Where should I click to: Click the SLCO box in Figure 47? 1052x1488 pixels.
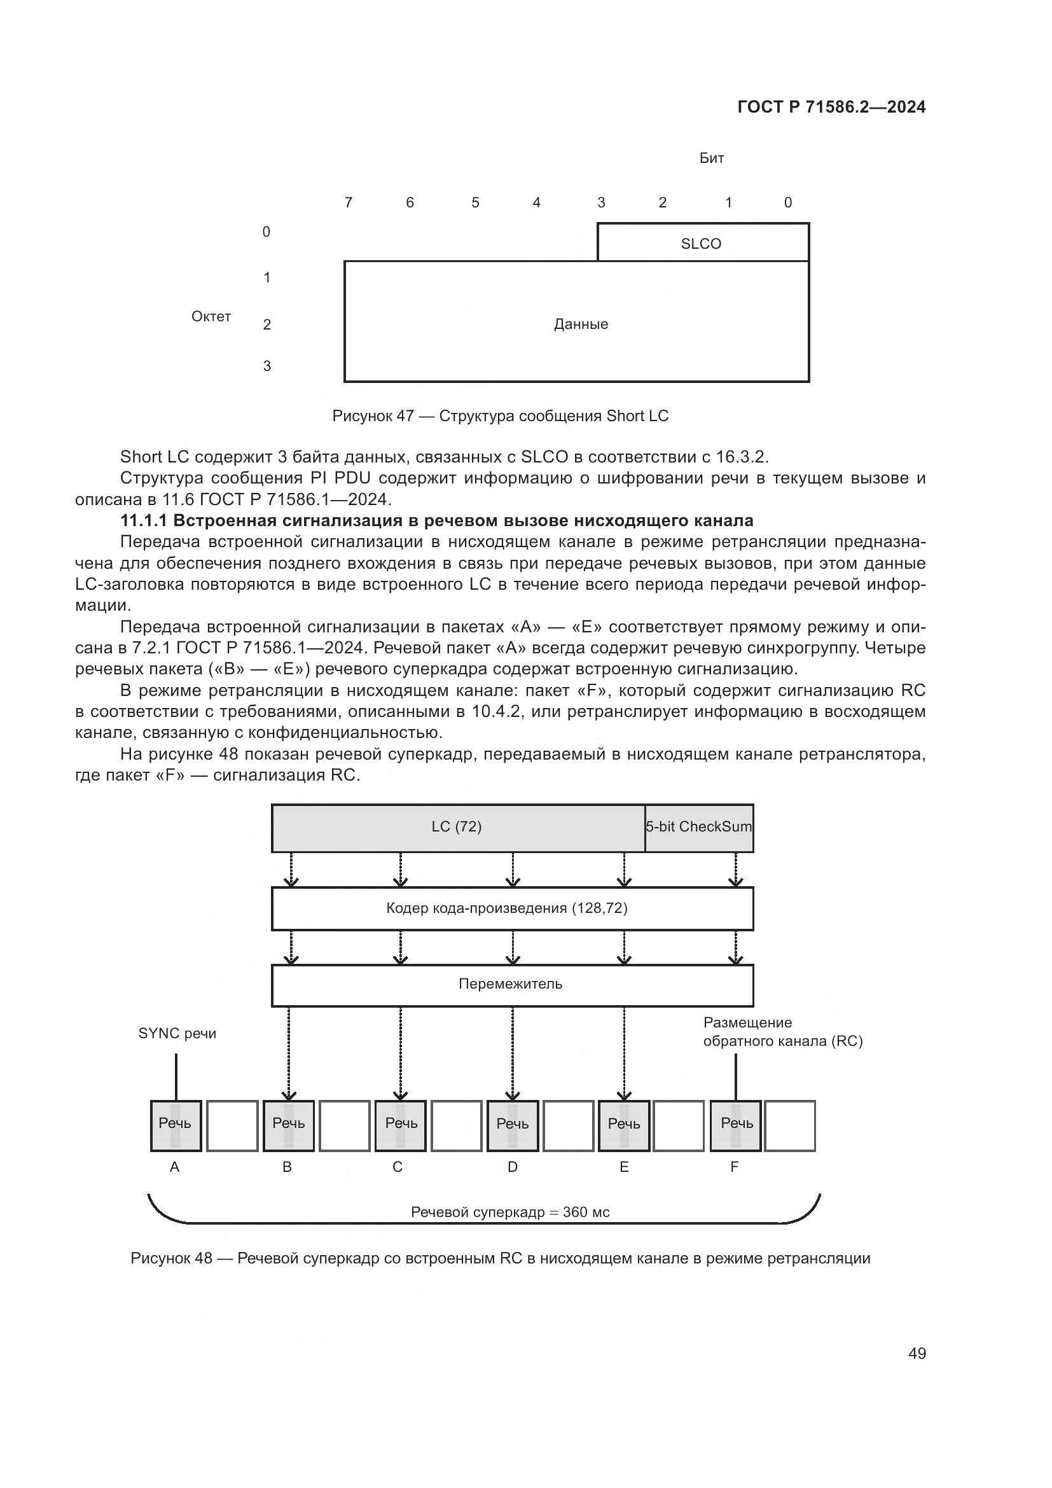(702, 243)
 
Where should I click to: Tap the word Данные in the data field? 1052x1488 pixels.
(581, 324)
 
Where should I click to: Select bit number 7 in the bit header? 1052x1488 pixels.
(349, 203)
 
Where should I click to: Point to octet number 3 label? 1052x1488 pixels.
(267, 366)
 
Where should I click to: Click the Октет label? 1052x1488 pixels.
(211, 316)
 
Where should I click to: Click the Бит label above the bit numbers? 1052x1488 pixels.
(711, 158)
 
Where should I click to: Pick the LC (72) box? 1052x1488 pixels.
(457, 827)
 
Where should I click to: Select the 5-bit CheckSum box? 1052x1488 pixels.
(699, 827)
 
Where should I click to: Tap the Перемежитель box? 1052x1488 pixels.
(512, 984)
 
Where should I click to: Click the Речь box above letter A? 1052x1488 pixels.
(176, 1123)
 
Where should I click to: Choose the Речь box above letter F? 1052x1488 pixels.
(737, 1123)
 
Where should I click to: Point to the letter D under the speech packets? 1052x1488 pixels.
(513, 1167)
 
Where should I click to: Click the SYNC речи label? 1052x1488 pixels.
(177, 1034)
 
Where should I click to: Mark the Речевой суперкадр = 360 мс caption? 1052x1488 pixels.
(511, 1213)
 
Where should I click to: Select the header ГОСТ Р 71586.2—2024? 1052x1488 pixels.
(831, 108)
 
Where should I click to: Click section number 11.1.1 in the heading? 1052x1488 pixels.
(144, 521)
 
